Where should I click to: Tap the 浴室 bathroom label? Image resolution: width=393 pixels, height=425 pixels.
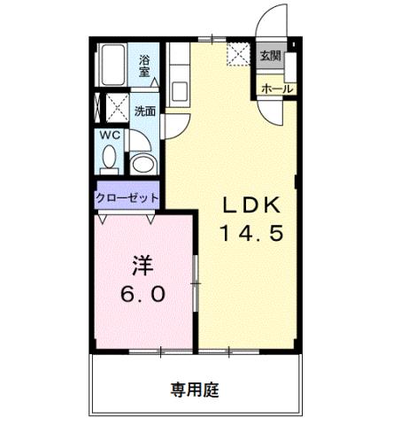click(145, 66)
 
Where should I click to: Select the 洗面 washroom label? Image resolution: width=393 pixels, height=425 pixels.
click(145, 112)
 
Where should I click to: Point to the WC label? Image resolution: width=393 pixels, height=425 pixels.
click(109, 135)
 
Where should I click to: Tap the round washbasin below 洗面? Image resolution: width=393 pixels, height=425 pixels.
click(142, 163)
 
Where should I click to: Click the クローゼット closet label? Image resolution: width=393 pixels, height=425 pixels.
click(127, 197)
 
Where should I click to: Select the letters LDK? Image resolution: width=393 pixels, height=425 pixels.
click(250, 206)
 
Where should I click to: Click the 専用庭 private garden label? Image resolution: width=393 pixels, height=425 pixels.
click(195, 388)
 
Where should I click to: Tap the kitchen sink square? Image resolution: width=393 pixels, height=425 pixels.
click(177, 89)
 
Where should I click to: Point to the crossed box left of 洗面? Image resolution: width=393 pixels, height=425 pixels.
click(113, 108)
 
